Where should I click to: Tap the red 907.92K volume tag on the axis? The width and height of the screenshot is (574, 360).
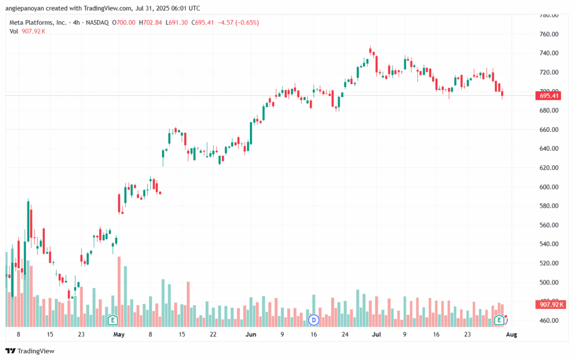point(550,304)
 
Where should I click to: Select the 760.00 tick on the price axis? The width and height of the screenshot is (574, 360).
point(549,34)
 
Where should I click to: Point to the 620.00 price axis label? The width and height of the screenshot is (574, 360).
point(549,168)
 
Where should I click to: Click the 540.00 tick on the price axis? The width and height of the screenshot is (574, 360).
point(549,244)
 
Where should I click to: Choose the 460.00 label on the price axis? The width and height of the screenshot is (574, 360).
point(549,320)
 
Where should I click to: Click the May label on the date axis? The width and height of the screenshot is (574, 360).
point(119,334)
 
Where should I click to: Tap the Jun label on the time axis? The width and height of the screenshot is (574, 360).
point(251,334)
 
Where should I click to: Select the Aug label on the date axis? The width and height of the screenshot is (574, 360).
point(511,334)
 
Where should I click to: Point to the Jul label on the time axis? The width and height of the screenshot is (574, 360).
point(376,334)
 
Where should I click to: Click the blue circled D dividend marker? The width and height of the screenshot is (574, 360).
point(314,320)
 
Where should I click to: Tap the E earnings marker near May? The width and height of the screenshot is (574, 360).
point(113,320)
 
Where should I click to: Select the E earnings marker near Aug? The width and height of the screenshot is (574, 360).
point(499,320)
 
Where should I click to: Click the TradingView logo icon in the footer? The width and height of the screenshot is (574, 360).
point(11,351)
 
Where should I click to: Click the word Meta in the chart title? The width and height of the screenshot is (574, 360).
point(16,22)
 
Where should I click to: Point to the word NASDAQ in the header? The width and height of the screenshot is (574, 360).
point(98,22)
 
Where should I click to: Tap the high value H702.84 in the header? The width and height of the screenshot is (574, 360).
point(150,22)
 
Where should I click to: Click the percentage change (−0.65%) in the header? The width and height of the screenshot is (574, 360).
point(247,22)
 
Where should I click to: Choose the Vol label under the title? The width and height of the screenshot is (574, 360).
point(14,31)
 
